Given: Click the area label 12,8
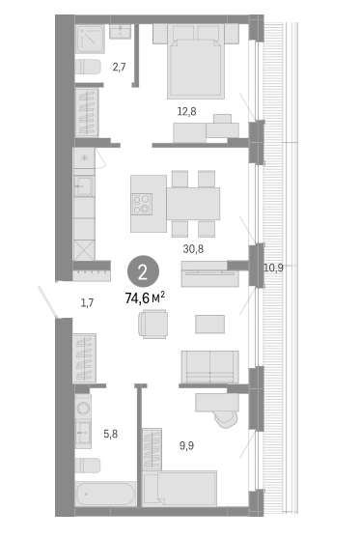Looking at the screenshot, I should (x=185, y=111).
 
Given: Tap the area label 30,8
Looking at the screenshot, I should (x=193, y=248).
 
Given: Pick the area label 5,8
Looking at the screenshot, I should (x=111, y=434).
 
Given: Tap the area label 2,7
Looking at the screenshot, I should (x=119, y=67).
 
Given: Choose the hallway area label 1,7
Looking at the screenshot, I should (x=87, y=302).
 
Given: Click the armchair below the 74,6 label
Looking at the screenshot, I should (x=153, y=324).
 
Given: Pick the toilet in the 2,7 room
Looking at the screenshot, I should (x=89, y=67).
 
